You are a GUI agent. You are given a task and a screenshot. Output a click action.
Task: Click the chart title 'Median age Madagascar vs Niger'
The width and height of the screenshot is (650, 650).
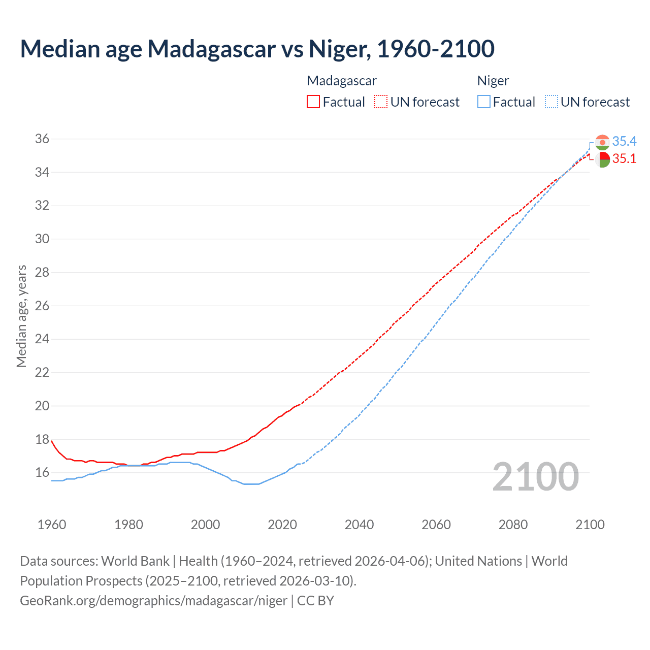257,49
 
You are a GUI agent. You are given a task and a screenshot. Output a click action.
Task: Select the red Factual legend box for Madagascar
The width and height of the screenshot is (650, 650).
313,102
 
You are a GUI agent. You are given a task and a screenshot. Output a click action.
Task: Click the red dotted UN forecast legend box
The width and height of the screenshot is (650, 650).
381,102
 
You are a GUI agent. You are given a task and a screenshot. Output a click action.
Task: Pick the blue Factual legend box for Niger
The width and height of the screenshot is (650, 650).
484,102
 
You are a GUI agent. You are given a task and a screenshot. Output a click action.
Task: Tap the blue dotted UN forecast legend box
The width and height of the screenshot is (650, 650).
551,102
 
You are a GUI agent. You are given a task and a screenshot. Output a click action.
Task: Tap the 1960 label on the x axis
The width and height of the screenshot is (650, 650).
52,525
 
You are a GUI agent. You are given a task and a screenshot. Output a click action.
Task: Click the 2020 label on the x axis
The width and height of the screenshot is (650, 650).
282,525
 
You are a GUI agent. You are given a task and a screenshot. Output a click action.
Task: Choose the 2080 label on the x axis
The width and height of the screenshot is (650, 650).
513,525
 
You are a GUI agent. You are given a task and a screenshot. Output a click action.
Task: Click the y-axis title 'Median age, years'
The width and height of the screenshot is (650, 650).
21,316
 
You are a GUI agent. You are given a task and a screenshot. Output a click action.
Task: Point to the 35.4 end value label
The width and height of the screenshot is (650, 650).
624,141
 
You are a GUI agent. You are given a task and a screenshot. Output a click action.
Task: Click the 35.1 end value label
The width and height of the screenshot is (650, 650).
624,158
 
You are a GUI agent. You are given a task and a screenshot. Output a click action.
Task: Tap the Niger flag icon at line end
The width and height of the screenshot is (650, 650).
602,142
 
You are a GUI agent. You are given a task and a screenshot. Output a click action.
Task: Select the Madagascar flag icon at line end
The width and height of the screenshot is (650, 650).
602,159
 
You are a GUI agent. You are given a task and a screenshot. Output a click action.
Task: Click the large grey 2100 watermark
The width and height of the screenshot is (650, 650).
535,476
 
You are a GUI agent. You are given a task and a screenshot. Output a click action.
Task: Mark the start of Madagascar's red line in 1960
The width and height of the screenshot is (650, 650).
52,441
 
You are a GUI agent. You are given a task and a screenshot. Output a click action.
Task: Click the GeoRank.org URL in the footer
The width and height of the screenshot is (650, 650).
153,601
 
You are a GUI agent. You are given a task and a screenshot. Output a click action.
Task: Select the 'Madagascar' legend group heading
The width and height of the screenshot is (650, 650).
342,81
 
